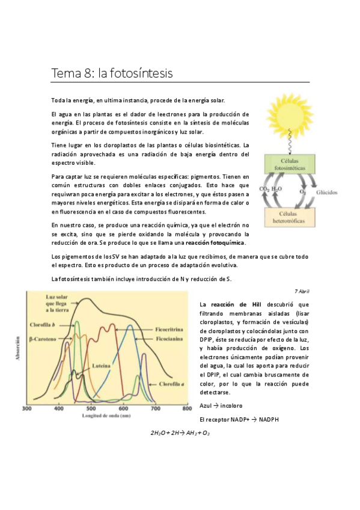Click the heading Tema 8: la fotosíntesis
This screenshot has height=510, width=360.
[112, 74]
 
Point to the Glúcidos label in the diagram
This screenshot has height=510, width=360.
[326, 193]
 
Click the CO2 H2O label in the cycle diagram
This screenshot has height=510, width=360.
[269, 189]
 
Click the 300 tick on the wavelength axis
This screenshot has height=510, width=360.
[27, 408]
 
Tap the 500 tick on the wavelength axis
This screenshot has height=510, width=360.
[91, 408]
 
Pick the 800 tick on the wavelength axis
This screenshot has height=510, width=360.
[188, 408]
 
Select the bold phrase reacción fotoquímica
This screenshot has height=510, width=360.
[215, 242]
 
